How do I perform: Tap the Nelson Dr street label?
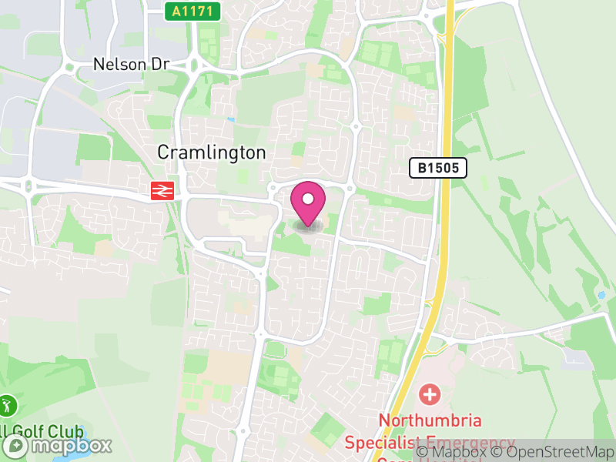(x=131, y=64)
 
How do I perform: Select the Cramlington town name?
(x=211, y=152)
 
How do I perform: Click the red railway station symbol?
(x=161, y=190)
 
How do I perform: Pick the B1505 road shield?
(x=438, y=168)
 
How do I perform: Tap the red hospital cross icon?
(x=429, y=396)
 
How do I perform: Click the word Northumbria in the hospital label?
(x=430, y=420)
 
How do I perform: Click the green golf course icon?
(x=8, y=405)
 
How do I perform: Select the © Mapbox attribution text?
(x=450, y=452)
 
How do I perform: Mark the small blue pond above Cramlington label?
(x=231, y=120)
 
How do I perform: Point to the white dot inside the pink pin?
(x=309, y=198)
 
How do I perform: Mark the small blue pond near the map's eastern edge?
(x=601, y=295)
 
